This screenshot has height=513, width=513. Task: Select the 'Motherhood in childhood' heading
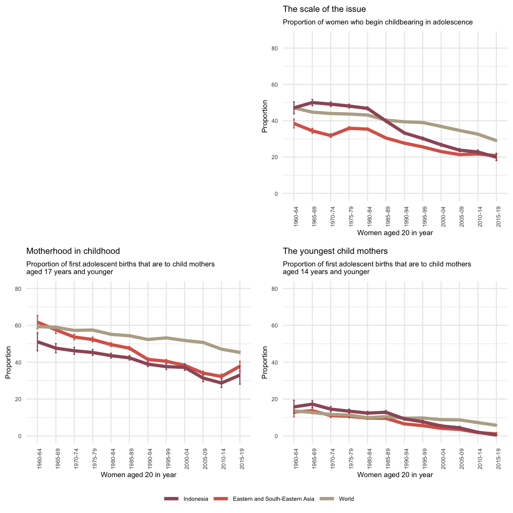point(73,251)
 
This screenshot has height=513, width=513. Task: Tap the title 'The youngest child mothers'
point(335,251)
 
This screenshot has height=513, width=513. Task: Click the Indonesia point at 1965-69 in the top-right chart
point(312,102)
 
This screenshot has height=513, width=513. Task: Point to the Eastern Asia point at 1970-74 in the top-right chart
point(331,136)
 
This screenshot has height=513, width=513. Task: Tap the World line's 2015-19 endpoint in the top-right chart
point(496,140)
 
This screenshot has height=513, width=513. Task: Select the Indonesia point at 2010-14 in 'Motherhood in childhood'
point(221,383)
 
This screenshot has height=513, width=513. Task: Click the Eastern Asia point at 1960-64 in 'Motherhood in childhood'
point(37,322)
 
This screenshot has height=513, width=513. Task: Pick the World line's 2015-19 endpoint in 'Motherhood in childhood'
point(240,352)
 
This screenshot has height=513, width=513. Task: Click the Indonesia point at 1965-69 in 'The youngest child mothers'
point(312,404)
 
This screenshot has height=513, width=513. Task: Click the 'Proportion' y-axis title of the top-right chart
point(265,116)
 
